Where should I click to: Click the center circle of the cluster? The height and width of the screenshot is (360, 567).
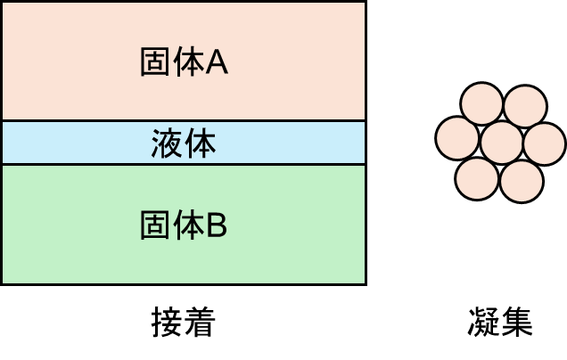tap(501, 143)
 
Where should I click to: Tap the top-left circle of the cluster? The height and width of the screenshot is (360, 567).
tap(482, 105)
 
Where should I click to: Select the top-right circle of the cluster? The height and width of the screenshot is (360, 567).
tap(525, 107)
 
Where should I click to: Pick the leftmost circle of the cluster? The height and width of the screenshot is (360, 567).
tap(458, 139)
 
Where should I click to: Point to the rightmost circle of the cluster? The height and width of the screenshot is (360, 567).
tap(545, 144)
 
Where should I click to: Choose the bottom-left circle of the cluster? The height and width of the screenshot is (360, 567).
tap(477, 178)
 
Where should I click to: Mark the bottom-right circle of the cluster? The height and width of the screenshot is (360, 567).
tap(522, 181)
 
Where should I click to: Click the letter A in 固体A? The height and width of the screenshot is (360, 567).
tap(218, 63)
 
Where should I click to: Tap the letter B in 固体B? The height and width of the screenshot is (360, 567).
tap(218, 227)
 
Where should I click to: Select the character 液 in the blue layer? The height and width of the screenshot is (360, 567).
tap(167, 143)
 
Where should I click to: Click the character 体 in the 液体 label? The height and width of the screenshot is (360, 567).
tap(201, 143)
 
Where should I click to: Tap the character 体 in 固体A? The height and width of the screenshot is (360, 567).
tap(188, 63)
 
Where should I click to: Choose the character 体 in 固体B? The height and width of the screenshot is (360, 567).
tap(188, 227)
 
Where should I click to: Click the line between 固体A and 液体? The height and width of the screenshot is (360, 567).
tap(89, 120)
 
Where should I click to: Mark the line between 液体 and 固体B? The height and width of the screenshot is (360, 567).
tap(89, 165)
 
